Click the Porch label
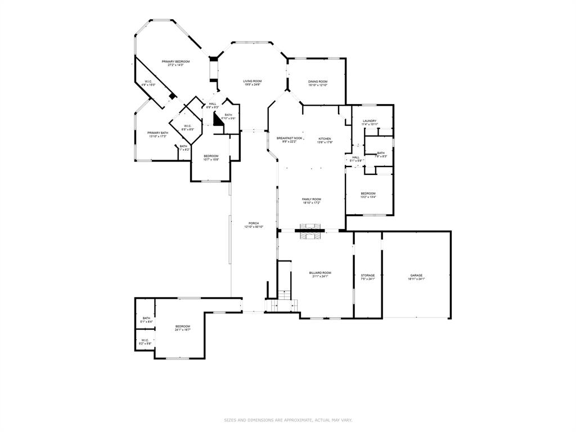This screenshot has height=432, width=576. pos(254,224)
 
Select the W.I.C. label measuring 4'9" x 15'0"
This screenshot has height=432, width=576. pos(148,83)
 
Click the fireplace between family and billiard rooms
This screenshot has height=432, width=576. pos(310,228)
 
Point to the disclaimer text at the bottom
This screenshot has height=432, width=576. pos(288,420)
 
